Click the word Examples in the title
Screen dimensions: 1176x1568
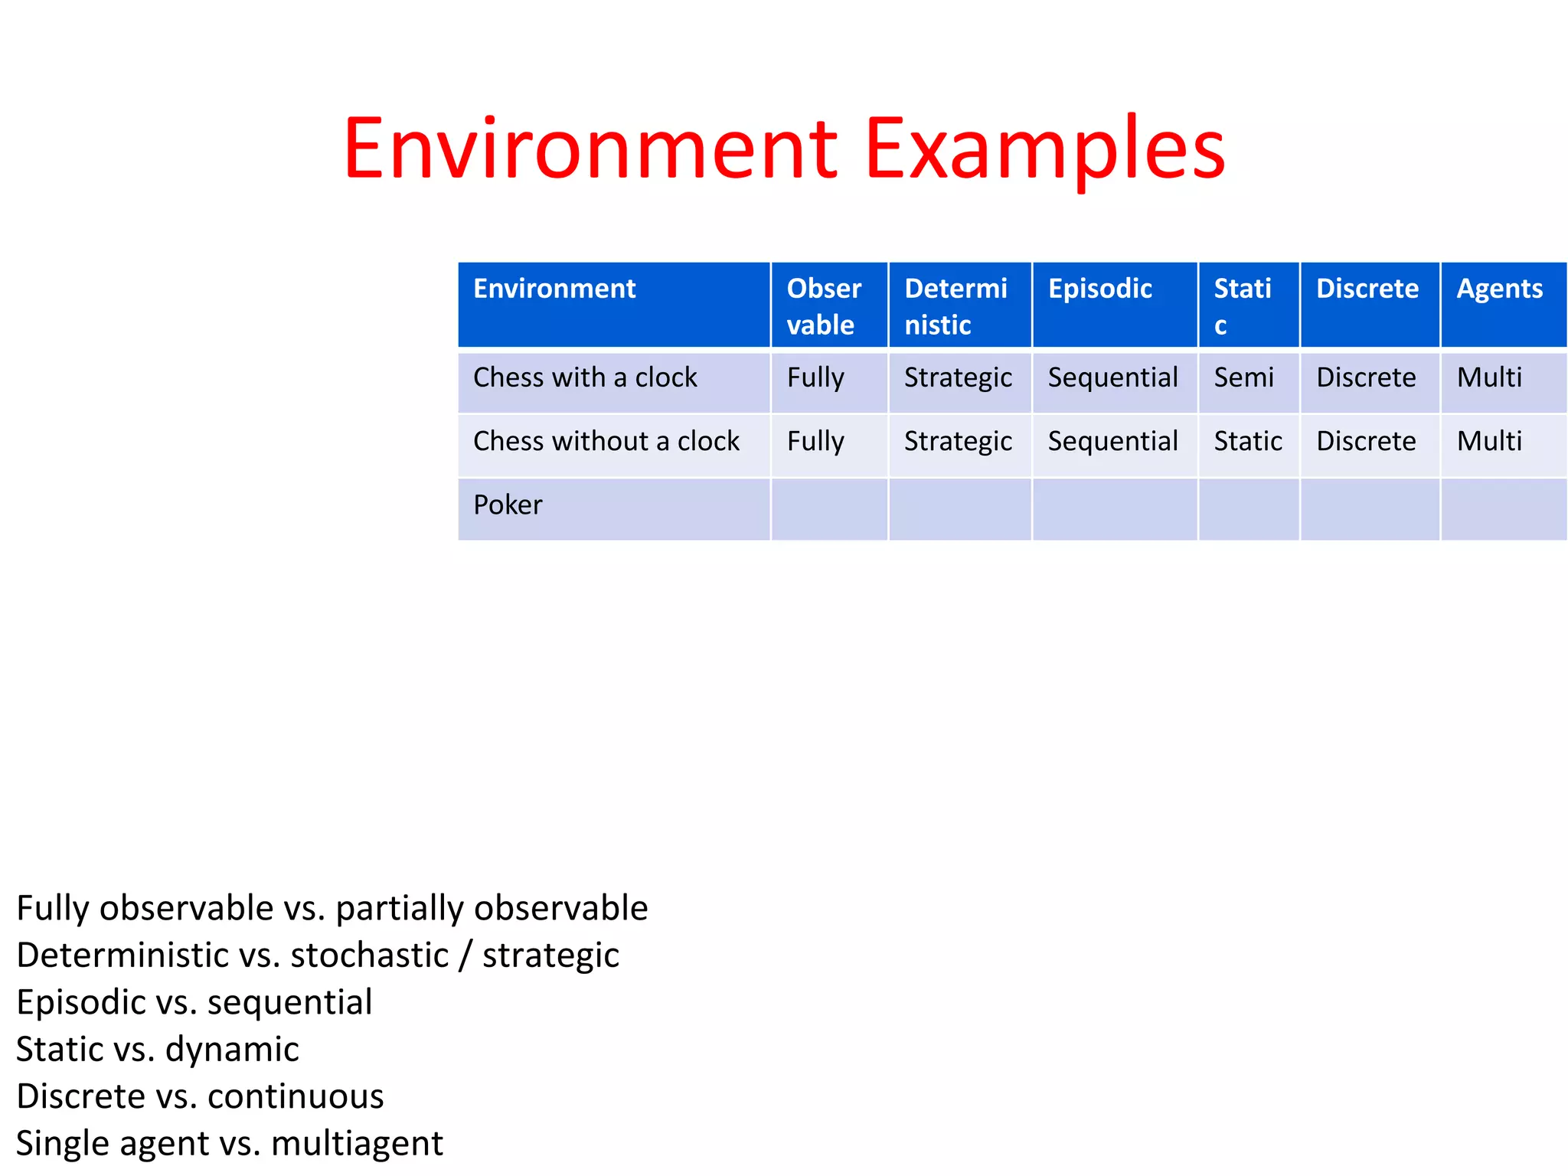click(x=1044, y=149)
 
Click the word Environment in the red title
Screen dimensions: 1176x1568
click(x=590, y=149)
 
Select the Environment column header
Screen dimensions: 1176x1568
click(x=554, y=289)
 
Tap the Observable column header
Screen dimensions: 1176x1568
click(x=824, y=306)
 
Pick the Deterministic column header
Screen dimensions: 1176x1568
click(x=955, y=306)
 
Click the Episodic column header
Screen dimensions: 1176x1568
click(x=1099, y=289)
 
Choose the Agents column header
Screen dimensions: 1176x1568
click(x=1499, y=289)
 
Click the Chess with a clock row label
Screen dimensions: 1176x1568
click(x=585, y=377)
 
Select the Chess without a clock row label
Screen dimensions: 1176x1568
click(x=606, y=441)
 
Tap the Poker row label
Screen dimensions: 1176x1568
click(x=508, y=505)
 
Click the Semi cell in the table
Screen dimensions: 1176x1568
click(x=1243, y=377)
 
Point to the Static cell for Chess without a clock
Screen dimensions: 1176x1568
click(x=1247, y=441)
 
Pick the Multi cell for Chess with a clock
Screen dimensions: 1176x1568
click(x=1489, y=377)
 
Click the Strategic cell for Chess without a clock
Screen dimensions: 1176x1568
click(x=958, y=442)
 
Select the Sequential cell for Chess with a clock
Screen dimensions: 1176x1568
click(x=1112, y=377)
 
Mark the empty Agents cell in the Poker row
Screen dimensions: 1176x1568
click(x=1503, y=509)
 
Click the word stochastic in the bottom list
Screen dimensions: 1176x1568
click(x=370, y=955)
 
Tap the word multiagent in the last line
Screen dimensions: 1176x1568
click(x=357, y=1143)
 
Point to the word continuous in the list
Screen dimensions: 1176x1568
click(x=296, y=1096)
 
